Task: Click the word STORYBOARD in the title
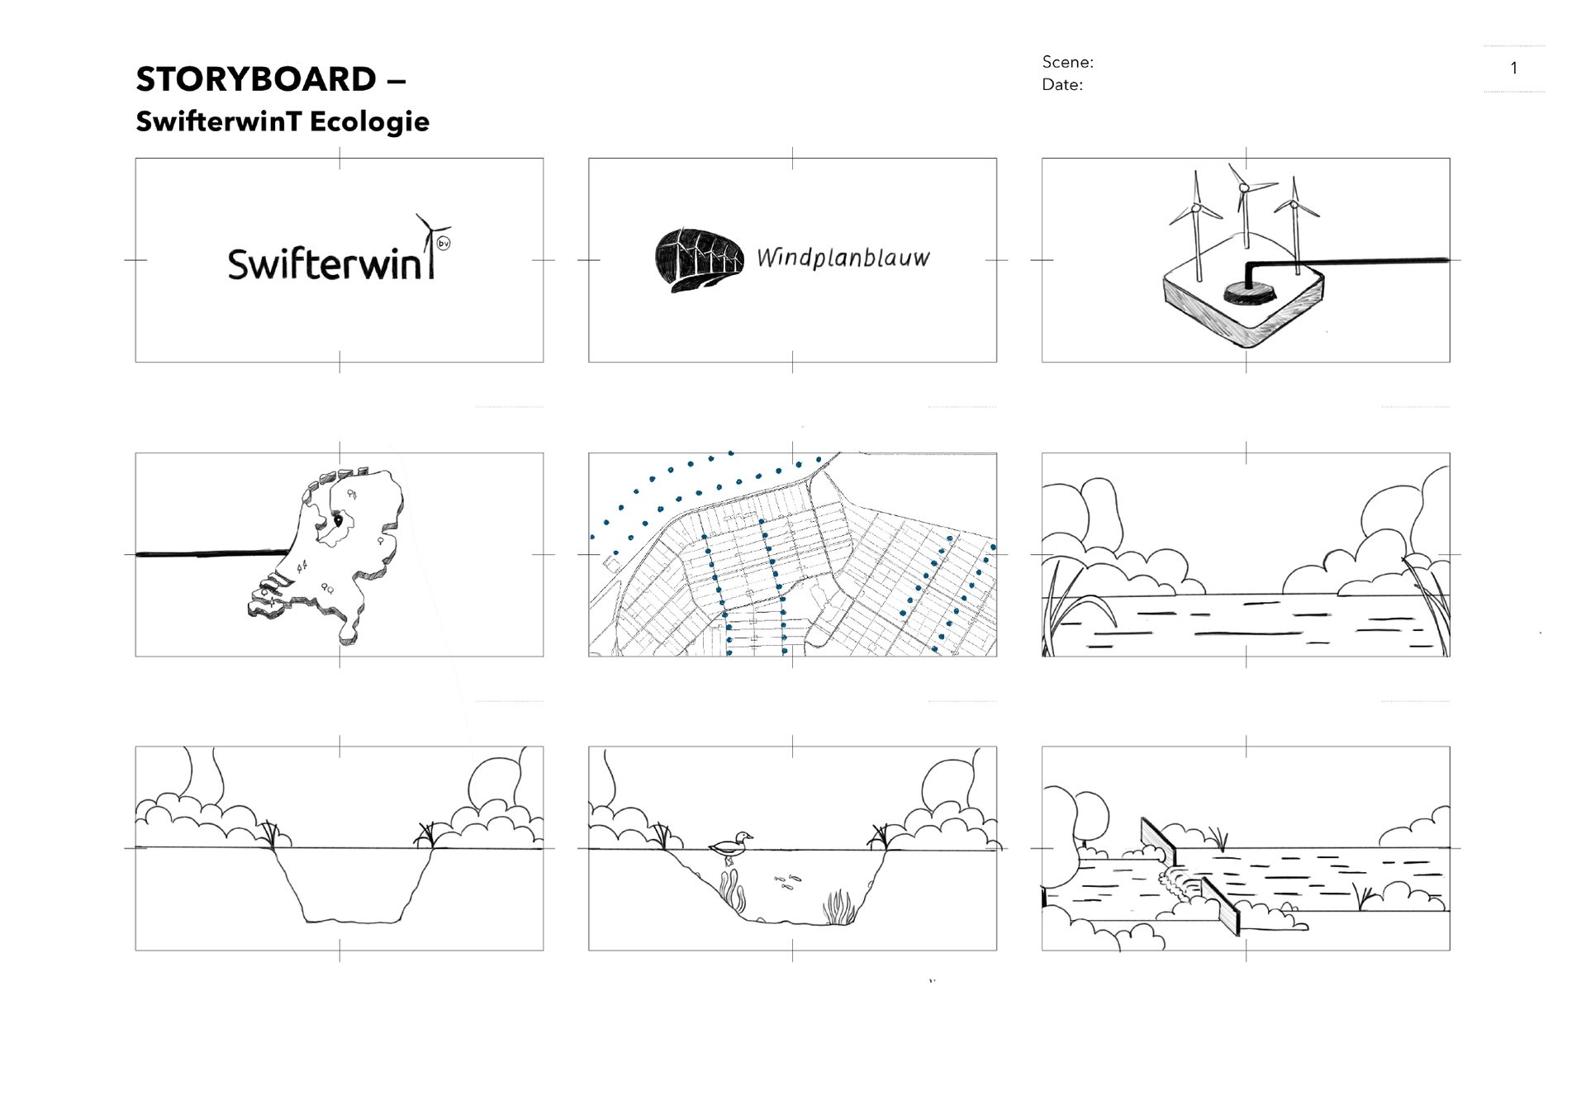pyautogui.click(x=256, y=79)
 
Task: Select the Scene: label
pyautogui.click(x=1067, y=62)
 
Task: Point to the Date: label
pyautogui.click(x=1062, y=84)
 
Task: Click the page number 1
pyautogui.click(x=1513, y=68)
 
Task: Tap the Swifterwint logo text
pyautogui.click(x=330, y=262)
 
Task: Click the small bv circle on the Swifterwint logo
pyautogui.click(x=444, y=244)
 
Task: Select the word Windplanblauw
pyautogui.click(x=843, y=258)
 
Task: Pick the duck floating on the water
pyautogui.click(x=730, y=844)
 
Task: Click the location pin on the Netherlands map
pyautogui.click(x=337, y=519)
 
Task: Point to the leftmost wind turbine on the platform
pyautogui.click(x=1195, y=215)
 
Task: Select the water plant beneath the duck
pyautogui.click(x=731, y=889)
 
